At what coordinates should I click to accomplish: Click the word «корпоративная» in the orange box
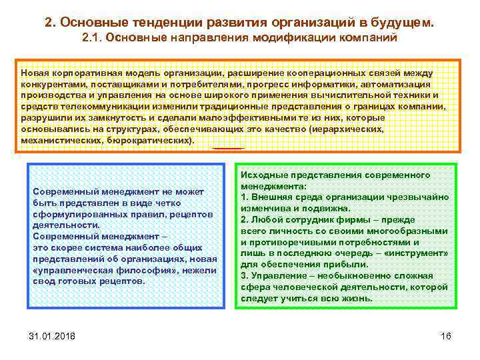pos(79,73)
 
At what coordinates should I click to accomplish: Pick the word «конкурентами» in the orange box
pos(51,85)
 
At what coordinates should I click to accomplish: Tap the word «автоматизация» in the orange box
pos(395,85)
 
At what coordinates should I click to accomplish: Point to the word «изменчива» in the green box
pos(267,209)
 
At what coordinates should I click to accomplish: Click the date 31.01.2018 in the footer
pos(52,335)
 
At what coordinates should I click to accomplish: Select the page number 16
pos(445,335)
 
